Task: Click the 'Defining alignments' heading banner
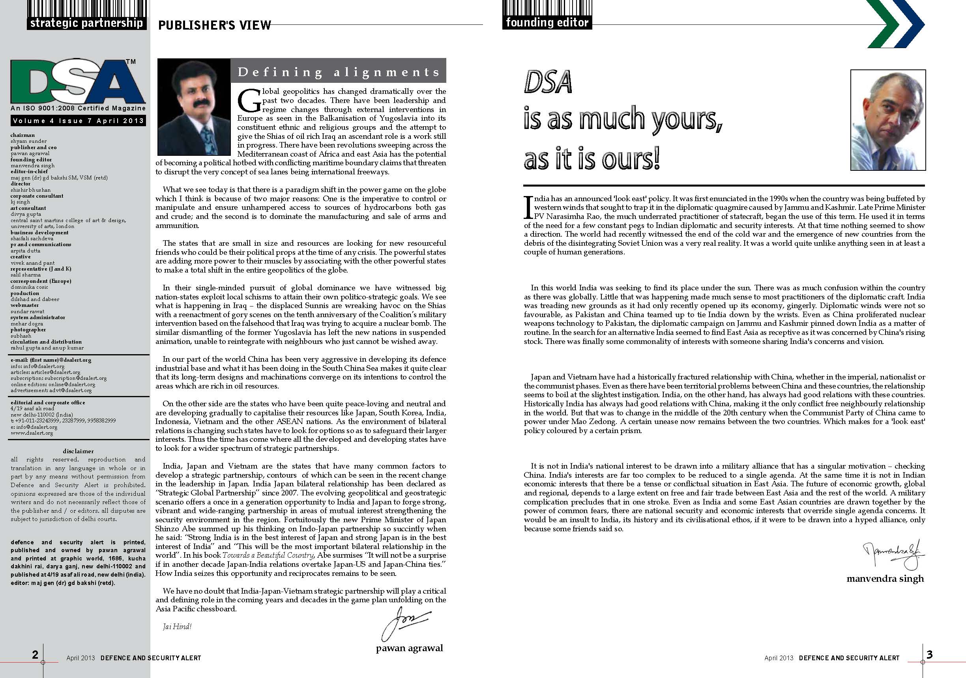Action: (x=338, y=72)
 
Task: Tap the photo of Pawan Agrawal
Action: (x=193, y=107)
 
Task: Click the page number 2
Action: (x=36, y=654)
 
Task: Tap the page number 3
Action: (x=929, y=654)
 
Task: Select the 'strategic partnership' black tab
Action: (x=87, y=23)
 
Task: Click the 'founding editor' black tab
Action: (x=547, y=22)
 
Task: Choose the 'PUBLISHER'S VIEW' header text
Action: (x=215, y=25)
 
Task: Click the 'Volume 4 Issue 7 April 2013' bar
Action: (x=78, y=121)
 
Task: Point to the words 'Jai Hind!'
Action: (x=177, y=627)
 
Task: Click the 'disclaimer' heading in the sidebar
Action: (x=78, y=451)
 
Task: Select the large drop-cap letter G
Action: (x=247, y=100)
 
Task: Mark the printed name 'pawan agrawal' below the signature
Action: (x=409, y=648)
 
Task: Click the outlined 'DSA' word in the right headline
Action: (x=548, y=83)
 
